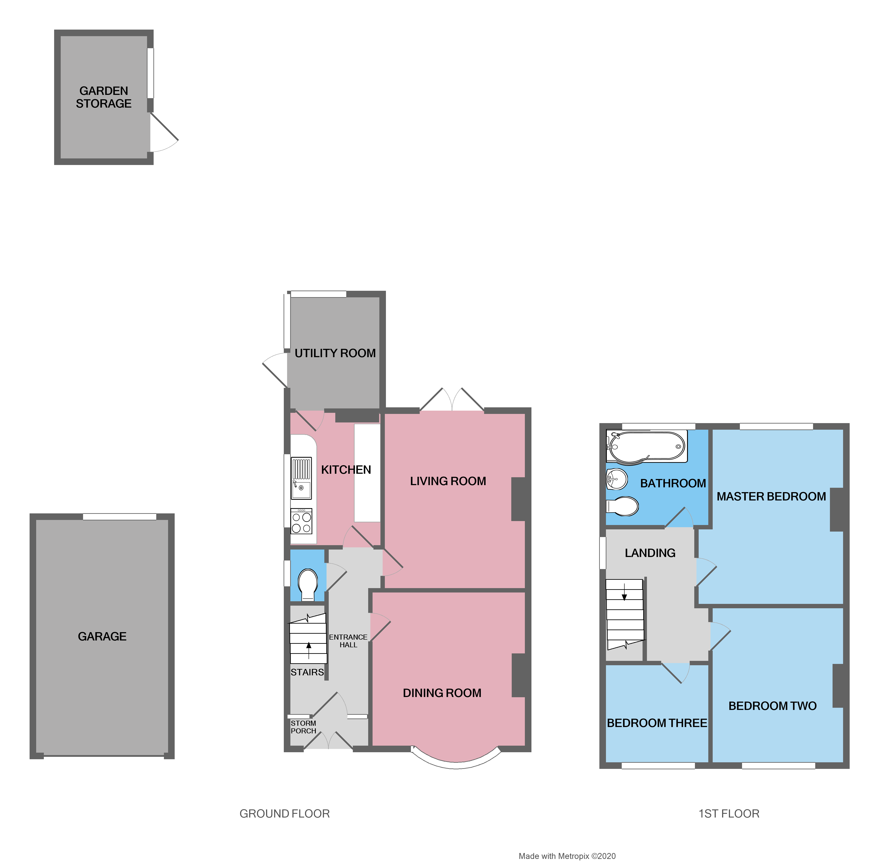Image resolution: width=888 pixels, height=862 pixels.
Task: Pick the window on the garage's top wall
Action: (120, 516)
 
